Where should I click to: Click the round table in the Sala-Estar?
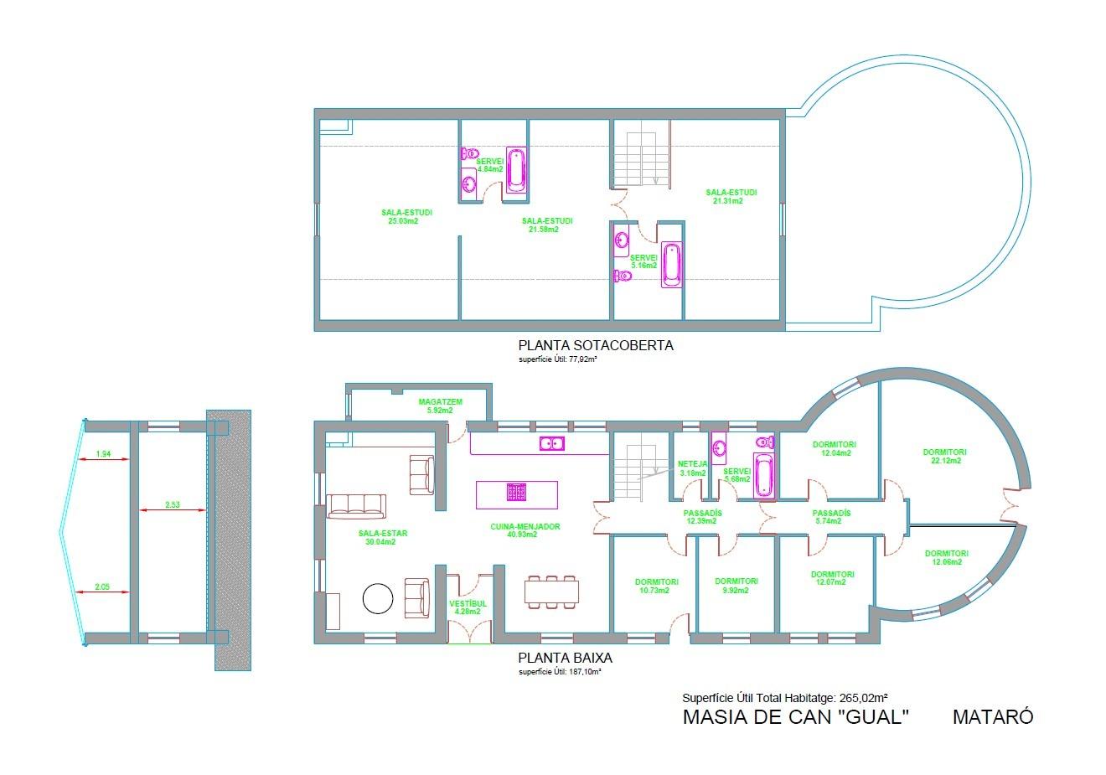click(x=378, y=598)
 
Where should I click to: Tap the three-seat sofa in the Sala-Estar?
click(x=356, y=506)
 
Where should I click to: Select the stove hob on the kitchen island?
click(x=516, y=493)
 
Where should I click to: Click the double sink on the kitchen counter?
click(x=552, y=443)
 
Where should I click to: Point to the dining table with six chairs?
click(x=551, y=592)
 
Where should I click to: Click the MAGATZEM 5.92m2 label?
click(x=441, y=406)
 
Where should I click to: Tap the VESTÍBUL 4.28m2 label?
click(x=468, y=607)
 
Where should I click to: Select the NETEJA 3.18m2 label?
click(x=692, y=468)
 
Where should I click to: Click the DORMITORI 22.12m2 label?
click(x=944, y=456)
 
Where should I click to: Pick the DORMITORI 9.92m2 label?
click(x=736, y=586)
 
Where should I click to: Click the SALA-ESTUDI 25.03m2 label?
click(x=406, y=217)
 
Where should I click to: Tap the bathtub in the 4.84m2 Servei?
click(x=516, y=170)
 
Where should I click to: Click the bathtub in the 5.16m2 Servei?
click(x=671, y=265)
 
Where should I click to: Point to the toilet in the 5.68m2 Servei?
click(x=766, y=442)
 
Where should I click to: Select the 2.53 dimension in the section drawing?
click(x=173, y=504)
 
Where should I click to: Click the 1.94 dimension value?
click(x=103, y=453)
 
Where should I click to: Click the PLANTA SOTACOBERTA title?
click(x=596, y=345)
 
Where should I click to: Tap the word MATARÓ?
click(x=993, y=716)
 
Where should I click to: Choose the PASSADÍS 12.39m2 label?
click(x=701, y=517)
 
